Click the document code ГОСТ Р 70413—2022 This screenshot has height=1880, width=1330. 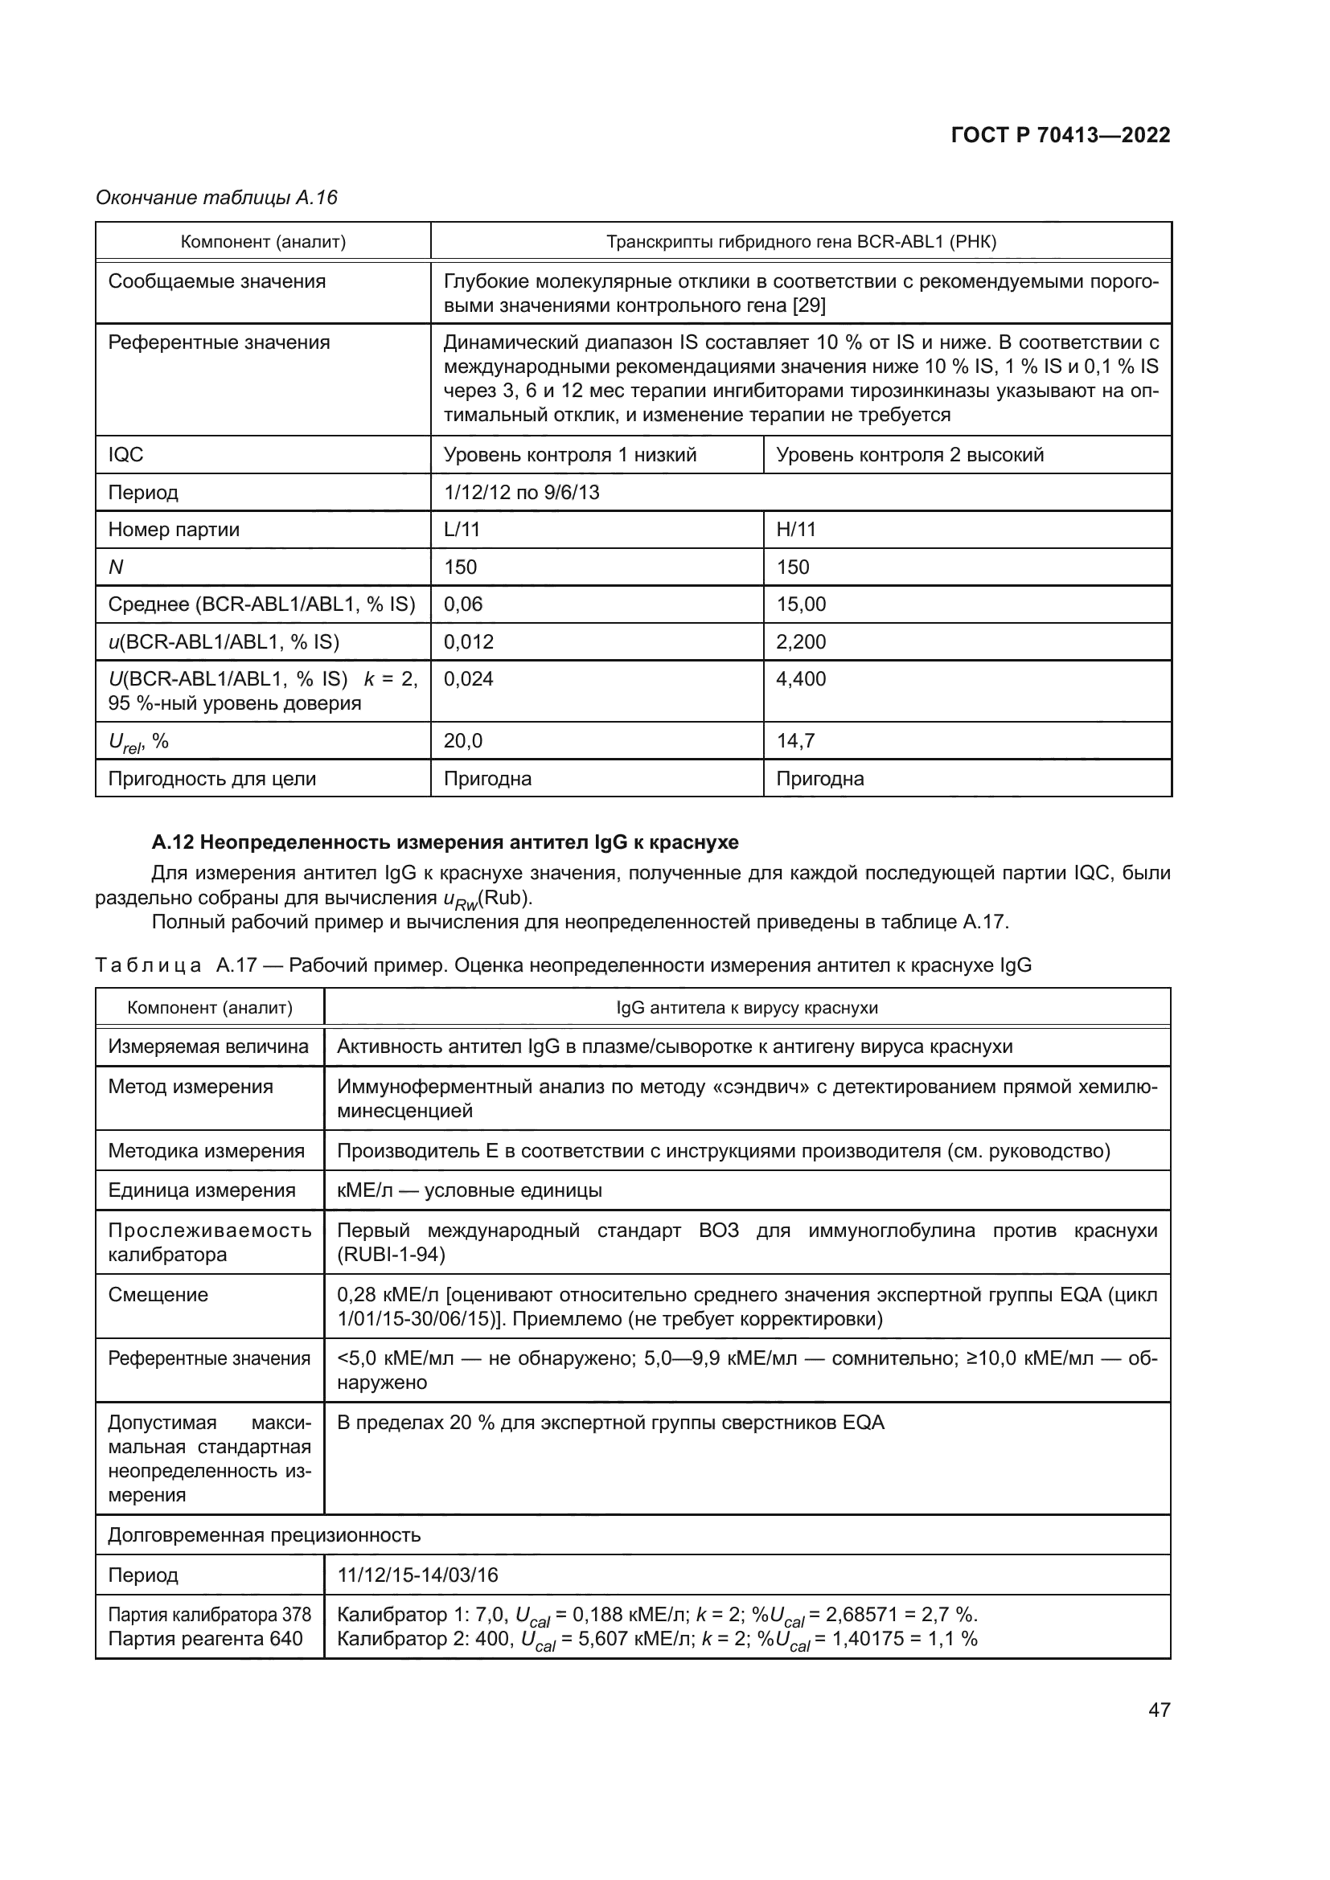pos(1061,136)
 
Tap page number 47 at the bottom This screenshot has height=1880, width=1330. pos(1159,1710)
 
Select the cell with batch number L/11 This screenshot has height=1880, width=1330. pos(462,530)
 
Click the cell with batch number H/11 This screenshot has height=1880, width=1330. pos(796,530)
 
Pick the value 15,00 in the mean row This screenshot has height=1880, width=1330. pos(801,604)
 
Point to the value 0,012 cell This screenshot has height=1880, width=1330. pos(469,642)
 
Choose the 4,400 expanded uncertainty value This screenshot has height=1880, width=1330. pos(801,679)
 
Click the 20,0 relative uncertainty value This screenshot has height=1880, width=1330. pos(462,741)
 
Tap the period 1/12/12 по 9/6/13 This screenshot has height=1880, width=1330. pos(521,493)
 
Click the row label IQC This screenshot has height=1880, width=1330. pos(126,455)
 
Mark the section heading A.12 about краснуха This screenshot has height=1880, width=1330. pos(445,842)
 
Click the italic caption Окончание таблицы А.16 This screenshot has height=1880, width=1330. pos(216,198)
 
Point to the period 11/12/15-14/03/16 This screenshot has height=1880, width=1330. pos(417,1575)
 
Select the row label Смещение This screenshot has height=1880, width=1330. pos(158,1295)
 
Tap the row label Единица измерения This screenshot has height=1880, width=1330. pos(202,1190)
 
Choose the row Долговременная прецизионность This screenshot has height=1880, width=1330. pos(264,1535)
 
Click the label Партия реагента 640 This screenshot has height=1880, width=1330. pos(205,1638)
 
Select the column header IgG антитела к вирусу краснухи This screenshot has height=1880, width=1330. pos(747,1008)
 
